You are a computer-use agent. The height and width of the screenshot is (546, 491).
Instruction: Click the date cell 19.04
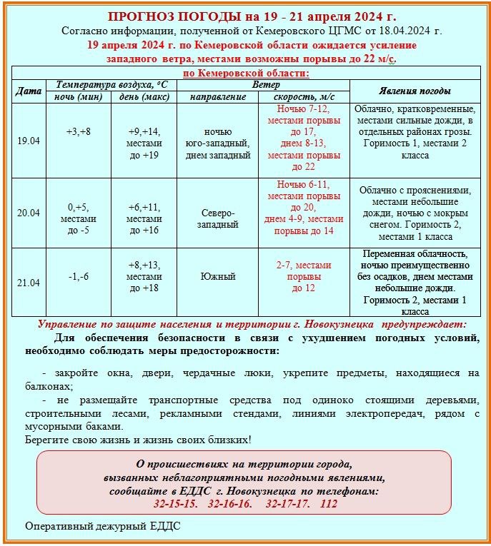[29, 141]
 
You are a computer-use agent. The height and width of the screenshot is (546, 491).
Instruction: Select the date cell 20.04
[29, 213]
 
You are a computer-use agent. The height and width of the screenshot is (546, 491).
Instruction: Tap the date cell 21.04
[29, 283]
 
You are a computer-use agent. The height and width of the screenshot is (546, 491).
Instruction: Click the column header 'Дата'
[29, 91]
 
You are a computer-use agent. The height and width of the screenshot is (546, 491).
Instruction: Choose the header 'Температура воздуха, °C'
[111, 85]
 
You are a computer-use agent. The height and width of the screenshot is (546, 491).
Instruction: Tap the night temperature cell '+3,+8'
[79, 132]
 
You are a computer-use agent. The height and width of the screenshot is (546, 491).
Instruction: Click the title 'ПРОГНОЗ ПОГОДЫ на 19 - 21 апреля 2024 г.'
[252, 16]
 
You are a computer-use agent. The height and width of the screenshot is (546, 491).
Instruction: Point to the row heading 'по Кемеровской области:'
[247, 74]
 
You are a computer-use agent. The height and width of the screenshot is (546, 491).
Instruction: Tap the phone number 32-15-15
[175, 504]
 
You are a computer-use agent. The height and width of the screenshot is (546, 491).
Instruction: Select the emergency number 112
[329, 504]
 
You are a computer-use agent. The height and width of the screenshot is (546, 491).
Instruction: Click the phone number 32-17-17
[287, 504]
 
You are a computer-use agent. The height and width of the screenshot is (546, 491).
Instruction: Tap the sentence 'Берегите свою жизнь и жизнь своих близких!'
[138, 440]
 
